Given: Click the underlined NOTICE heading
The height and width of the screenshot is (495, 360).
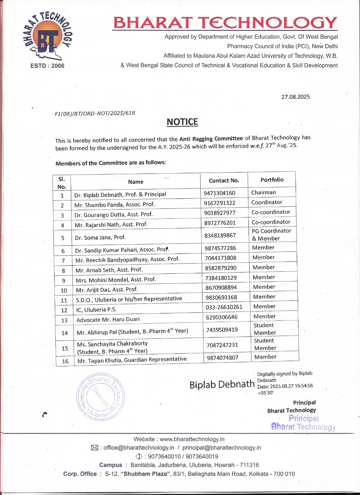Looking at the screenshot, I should coord(182,122).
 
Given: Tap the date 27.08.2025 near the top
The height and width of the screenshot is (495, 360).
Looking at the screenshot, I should coord(295,97).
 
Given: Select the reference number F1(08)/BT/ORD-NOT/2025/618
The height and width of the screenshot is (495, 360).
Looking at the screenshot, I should coord(95,113).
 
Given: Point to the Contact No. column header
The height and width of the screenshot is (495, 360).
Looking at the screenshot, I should coord(224,180).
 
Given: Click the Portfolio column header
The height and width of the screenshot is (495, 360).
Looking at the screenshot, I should coord(272,180).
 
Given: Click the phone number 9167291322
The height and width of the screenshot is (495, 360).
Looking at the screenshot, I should coord(219,203).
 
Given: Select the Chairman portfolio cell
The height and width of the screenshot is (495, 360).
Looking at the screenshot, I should coord(263,192).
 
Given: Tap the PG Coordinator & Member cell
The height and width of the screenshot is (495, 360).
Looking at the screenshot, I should coord(271,235).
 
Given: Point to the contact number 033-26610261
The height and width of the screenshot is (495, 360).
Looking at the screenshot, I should coord(224,307).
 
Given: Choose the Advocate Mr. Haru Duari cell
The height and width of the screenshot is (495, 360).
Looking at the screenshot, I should coord(108,320).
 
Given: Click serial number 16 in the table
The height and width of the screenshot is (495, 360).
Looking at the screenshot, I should coord(65,361).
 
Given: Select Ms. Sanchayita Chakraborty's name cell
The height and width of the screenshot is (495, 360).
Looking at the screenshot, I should coord(112,347).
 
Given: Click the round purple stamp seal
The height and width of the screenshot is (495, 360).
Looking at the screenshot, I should coord(101,397).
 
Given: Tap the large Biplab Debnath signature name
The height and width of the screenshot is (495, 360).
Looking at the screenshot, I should coord(222,385).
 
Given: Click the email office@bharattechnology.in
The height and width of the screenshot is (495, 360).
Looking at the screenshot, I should coord(139,448).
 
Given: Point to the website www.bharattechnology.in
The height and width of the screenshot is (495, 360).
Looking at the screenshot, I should coord(192,439).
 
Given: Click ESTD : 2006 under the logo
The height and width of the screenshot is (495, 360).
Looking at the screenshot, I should coord(47,66).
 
